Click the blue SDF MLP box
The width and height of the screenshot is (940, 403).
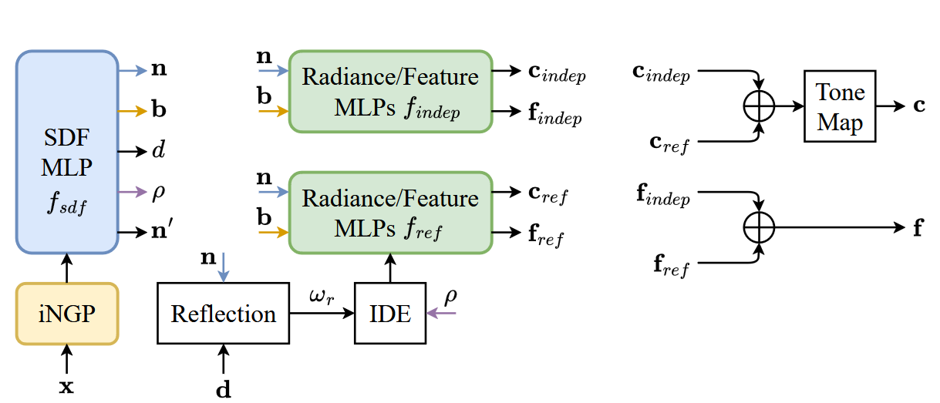(x=66, y=152)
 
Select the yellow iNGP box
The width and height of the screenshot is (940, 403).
(x=66, y=314)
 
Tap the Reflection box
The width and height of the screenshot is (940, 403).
(x=223, y=314)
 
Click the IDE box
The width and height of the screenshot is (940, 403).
(x=390, y=314)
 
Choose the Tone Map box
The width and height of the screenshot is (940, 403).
(x=840, y=106)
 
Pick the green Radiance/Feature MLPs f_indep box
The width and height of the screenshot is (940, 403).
(x=390, y=92)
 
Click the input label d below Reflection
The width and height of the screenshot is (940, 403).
(x=223, y=389)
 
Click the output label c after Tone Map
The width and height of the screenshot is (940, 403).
(x=919, y=106)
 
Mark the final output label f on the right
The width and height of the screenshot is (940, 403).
(x=918, y=228)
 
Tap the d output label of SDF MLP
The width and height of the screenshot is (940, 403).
(x=158, y=150)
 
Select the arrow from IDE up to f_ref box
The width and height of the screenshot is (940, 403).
(x=390, y=268)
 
